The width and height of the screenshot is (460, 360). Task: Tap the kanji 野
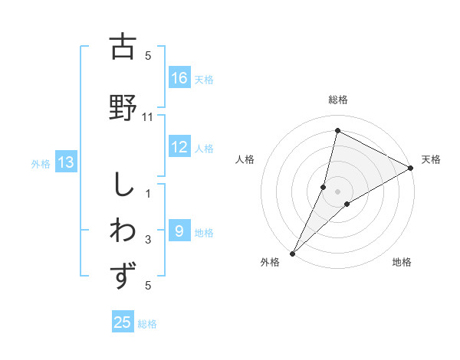123,107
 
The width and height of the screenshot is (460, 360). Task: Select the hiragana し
123,186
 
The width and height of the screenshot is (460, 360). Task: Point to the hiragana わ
123,231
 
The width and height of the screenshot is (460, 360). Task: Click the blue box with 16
179,78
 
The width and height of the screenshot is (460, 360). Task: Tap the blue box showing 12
179,148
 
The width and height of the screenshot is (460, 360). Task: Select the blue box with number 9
179,231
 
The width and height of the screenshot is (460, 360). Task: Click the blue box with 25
123,322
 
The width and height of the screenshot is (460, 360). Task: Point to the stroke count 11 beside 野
148,117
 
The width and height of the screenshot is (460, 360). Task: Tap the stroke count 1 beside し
148,193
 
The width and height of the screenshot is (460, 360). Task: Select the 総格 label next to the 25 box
147,324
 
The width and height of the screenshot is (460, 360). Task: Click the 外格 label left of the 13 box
41,163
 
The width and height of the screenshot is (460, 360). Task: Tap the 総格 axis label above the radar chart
337,100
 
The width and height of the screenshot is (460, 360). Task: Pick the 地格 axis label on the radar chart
402,263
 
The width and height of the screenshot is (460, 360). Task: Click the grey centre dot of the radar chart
337,191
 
